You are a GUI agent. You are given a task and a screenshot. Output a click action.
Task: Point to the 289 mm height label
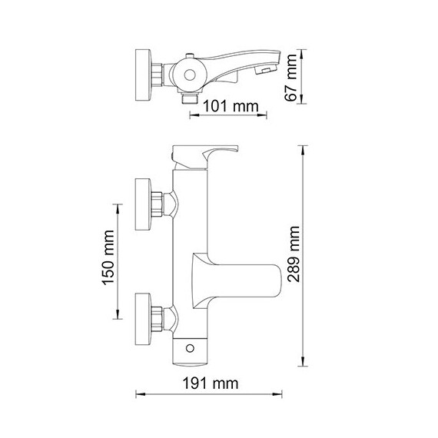[x=293, y=254]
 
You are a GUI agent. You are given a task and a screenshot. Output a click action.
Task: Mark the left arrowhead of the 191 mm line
[x=139, y=395]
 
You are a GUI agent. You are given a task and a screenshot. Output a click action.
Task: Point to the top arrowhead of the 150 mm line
[x=118, y=206]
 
